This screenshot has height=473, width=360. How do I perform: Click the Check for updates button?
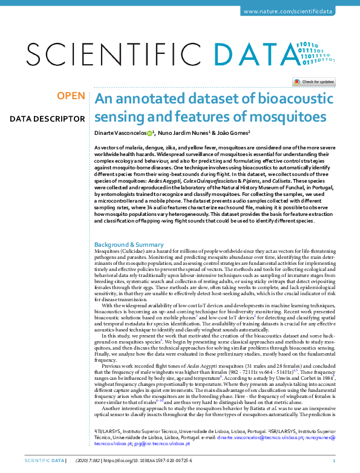click(313, 82)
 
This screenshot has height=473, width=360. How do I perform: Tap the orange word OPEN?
click(71, 96)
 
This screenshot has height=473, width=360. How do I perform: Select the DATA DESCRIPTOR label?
click(47, 119)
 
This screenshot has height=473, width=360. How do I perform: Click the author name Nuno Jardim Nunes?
click(184, 132)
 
